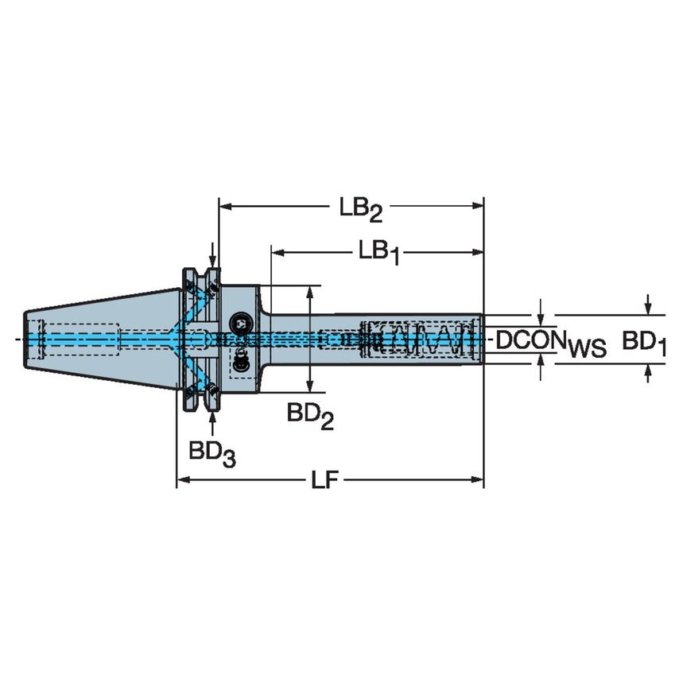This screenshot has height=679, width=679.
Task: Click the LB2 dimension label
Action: point(361,209)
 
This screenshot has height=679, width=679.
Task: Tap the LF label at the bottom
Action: point(323,480)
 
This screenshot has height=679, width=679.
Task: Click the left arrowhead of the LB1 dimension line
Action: point(277,252)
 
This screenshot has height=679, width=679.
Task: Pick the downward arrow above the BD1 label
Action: point(649,306)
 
